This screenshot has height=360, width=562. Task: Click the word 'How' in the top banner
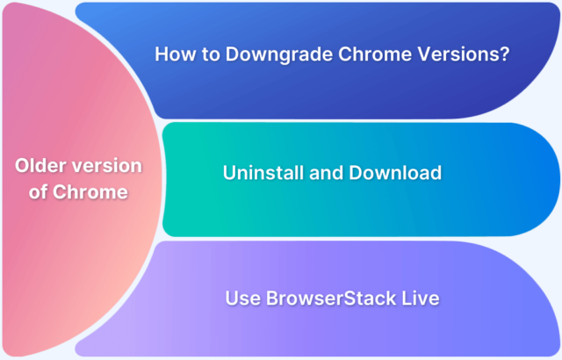click(x=173, y=54)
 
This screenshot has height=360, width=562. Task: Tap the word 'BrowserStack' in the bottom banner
click(x=320, y=299)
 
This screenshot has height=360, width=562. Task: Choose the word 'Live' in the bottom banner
click(x=417, y=299)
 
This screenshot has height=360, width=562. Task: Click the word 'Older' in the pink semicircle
click(x=40, y=167)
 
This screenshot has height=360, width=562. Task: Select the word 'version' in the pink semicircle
click(x=108, y=167)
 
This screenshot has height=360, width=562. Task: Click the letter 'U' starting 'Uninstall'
click(x=230, y=173)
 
